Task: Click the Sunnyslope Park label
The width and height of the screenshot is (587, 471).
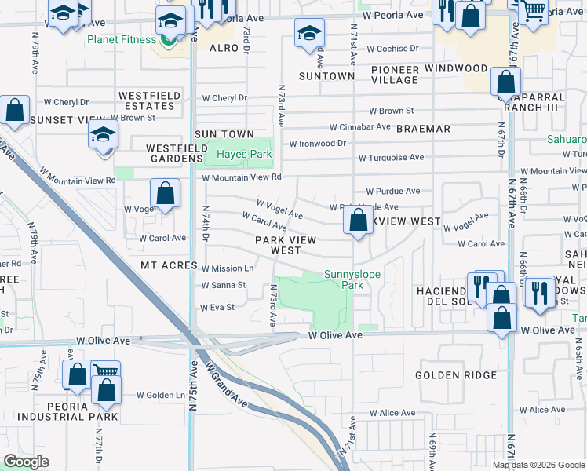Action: (344, 280)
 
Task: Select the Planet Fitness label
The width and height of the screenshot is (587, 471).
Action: (122, 39)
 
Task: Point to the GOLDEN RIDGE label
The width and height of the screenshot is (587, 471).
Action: (456, 375)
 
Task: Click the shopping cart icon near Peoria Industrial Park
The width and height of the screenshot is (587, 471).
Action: (105, 373)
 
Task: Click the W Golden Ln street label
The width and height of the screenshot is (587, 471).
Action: (160, 395)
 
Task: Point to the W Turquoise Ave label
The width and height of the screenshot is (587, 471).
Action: (391, 158)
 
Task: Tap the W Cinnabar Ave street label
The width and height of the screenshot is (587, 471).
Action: (359, 126)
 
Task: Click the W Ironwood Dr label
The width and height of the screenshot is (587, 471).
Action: (317, 144)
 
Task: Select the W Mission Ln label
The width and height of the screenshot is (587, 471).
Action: (228, 268)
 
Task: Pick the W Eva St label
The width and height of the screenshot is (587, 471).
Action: (219, 308)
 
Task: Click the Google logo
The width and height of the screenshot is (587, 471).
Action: (27, 462)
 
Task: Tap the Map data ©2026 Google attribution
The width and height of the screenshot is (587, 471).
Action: (538, 465)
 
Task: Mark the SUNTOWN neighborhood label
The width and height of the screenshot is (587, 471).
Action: (326, 76)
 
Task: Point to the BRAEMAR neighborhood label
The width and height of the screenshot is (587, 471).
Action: (423, 128)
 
